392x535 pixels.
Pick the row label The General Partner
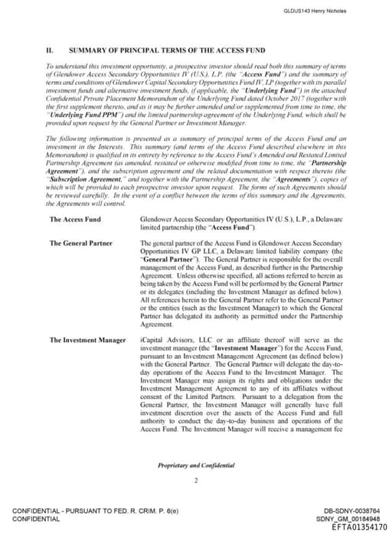(x=80, y=243)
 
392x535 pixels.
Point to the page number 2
(x=196, y=481)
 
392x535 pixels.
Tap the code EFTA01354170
(x=359, y=527)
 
